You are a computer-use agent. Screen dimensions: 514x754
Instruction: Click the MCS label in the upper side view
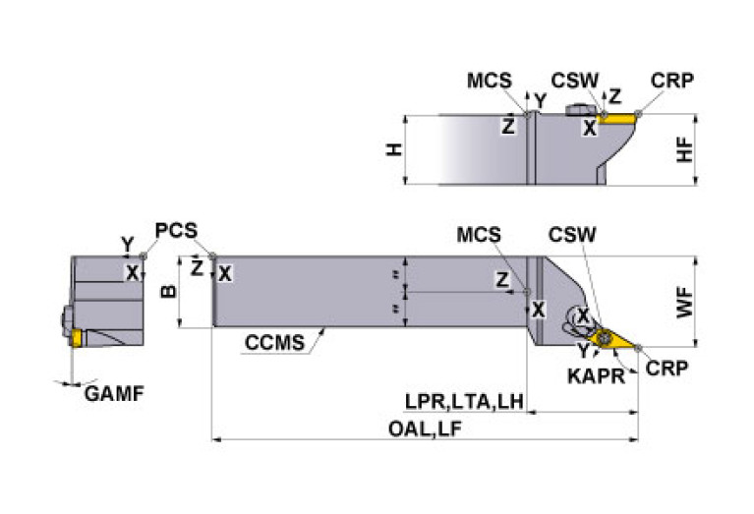(489, 80)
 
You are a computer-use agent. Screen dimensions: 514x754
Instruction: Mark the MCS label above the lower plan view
(479, 235)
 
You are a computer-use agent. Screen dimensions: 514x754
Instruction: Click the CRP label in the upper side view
(672, 80)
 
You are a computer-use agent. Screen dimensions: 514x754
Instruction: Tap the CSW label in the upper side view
(572, 80)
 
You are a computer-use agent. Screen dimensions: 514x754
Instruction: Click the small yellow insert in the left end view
(76, 337)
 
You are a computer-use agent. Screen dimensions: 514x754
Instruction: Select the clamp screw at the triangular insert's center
(606, 338)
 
